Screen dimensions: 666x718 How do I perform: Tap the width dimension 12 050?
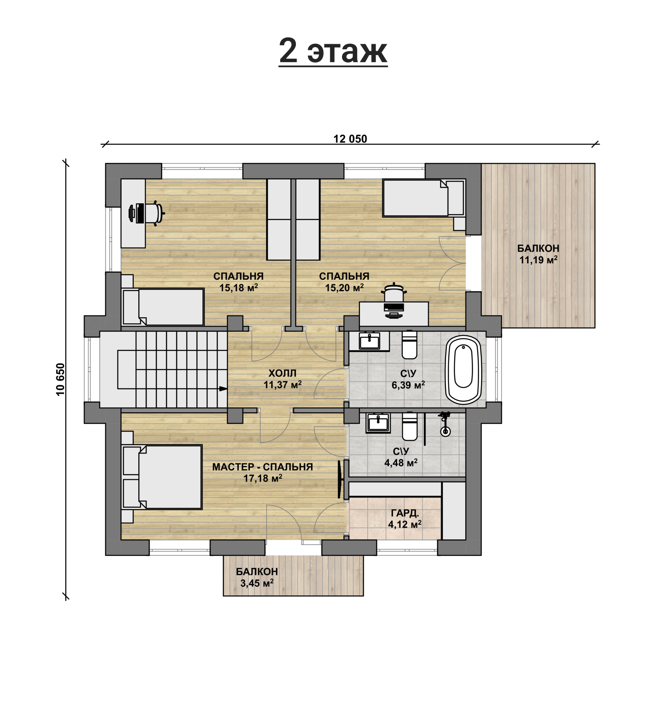(350, 139)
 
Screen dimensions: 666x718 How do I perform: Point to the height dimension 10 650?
(60, 380)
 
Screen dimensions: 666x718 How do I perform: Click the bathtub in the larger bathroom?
(464, 369)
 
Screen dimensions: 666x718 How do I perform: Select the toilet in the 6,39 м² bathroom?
(409, 345)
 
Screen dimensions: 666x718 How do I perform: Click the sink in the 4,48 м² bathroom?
(378, 423)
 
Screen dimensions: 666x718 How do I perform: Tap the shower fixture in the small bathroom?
(445, 424)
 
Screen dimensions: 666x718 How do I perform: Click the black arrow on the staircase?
(223, 389)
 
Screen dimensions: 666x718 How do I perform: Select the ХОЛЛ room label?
(282, 373)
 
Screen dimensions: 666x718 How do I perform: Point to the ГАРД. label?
(405, 513)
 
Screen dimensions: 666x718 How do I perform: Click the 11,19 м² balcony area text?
(538, 260)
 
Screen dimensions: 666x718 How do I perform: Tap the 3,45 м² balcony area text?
(257, 584)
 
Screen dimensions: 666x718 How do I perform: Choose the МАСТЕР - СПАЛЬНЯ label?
(263, 467)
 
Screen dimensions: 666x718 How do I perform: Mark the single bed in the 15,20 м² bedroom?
(424, 198)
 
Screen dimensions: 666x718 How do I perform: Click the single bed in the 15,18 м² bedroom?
(163, 307)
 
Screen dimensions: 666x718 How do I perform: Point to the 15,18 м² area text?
(238, 288)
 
